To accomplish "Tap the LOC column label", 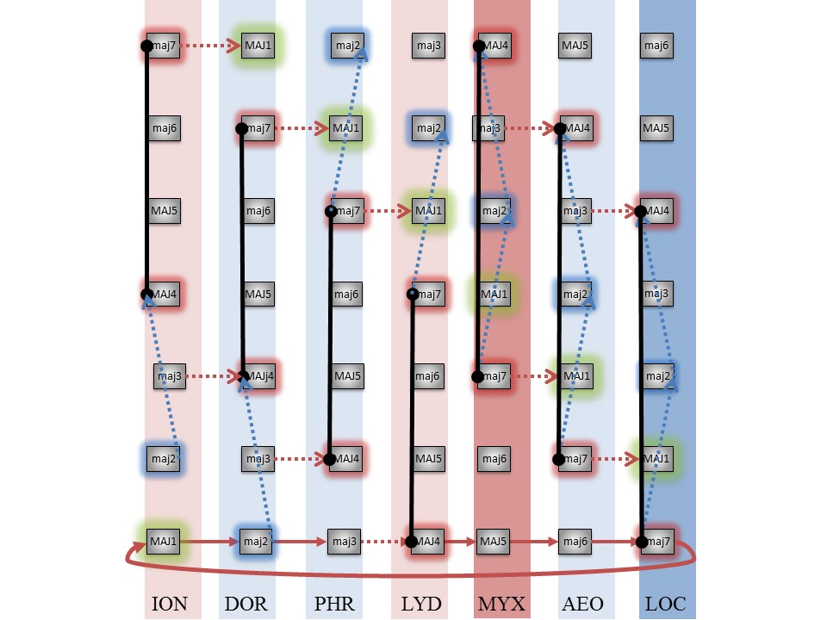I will click(666, 604).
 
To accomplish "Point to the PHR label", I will click(334, 604).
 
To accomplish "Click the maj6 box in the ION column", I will click(164, 128).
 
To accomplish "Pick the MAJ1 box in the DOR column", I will click(258, 45).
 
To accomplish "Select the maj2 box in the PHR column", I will click(347, 45).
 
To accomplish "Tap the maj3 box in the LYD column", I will click(428, 45).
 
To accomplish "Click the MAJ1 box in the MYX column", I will click(494, 294).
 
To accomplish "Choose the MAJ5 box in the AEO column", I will click(575, 45).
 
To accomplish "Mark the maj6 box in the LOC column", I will click(656, 45).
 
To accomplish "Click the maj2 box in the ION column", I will click(164, 459).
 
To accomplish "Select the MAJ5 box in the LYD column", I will click(428, 459).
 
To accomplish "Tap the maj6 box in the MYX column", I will click(494, 459).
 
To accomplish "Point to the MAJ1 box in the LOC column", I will click(656, 459).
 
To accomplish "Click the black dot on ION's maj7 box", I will click(146, 46).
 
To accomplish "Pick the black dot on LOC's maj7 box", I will click(642, 542).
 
